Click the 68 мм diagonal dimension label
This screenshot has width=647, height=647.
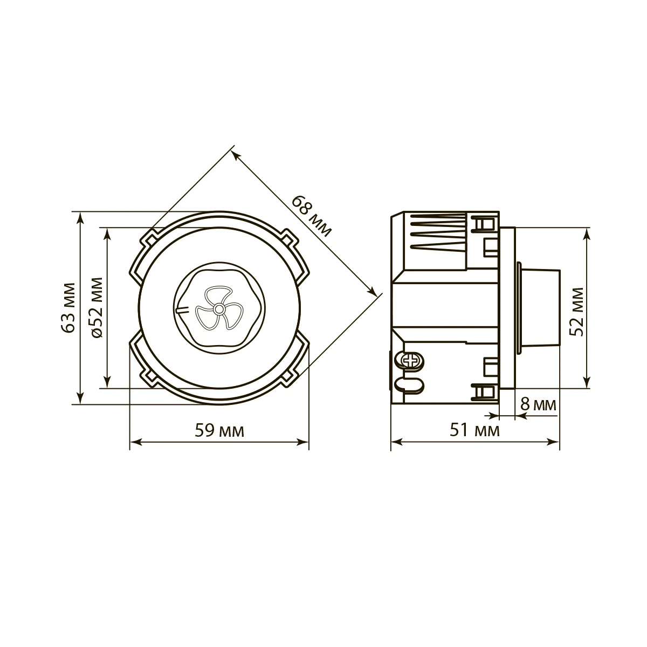(311, 216)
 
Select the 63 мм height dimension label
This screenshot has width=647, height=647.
(69, 308)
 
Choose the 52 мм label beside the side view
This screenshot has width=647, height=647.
(577, 312)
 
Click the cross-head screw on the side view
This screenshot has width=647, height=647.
(411, 361)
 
